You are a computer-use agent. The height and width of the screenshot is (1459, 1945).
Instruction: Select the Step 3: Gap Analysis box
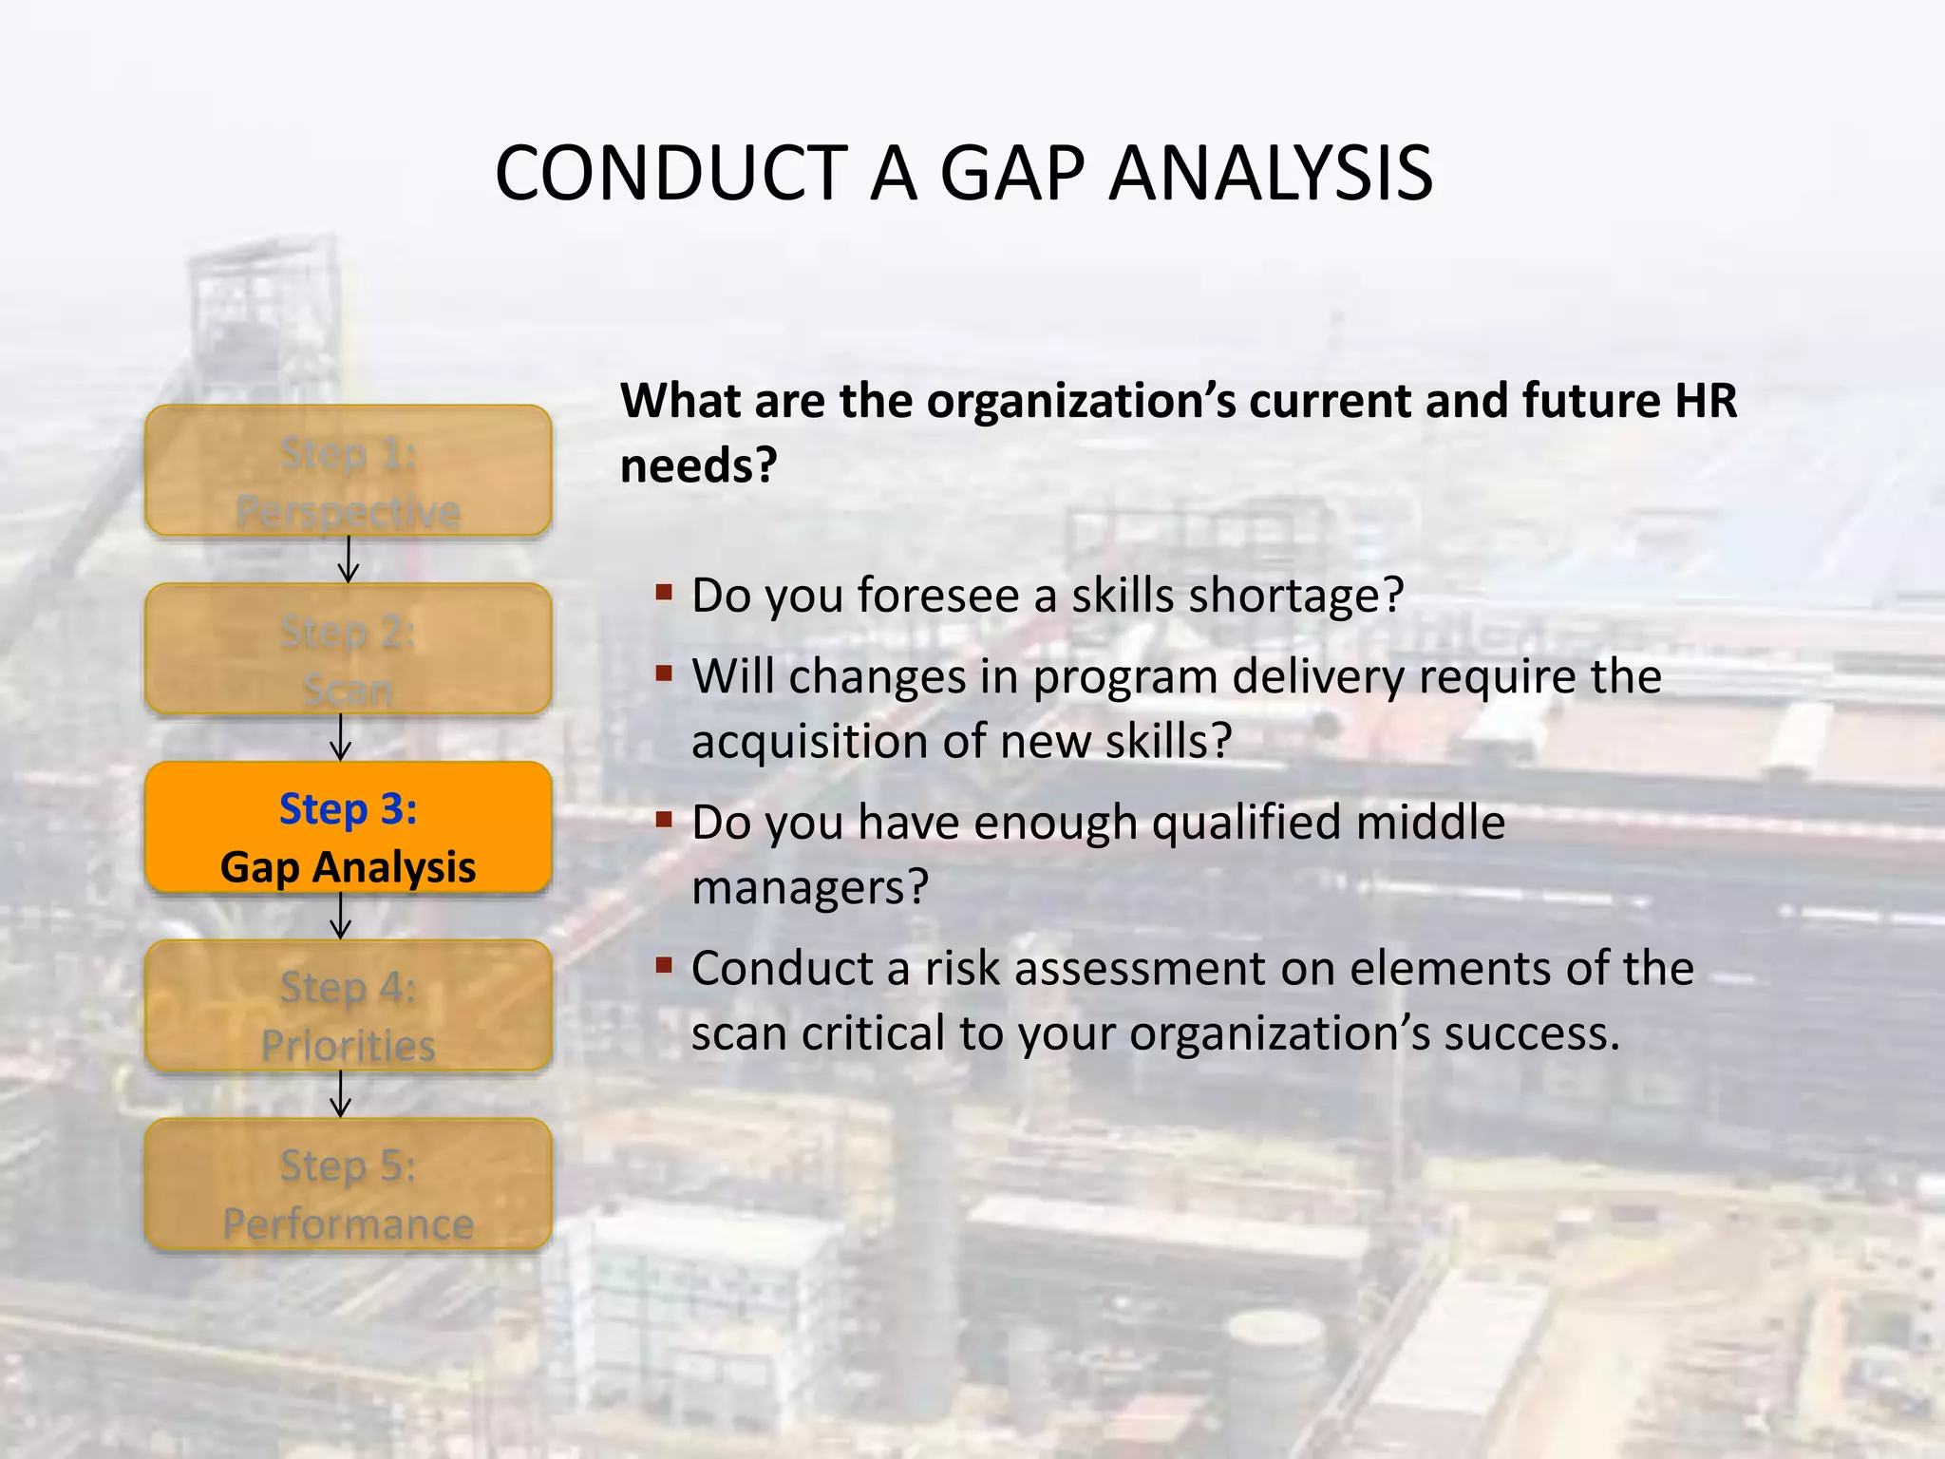pos(349,827)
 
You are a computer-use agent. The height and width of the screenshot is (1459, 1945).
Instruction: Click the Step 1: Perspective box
pos(349,471)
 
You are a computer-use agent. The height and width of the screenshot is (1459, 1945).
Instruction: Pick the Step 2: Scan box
pos(349,649)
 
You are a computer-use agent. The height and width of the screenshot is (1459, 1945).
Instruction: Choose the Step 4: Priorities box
pos(349,1006)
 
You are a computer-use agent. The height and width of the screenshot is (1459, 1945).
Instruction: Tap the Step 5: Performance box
pos(349,1184)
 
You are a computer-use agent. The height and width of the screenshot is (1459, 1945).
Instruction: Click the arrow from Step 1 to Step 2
pos(349,559)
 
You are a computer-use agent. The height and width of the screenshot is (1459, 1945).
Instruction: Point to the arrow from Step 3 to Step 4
pos(341,916)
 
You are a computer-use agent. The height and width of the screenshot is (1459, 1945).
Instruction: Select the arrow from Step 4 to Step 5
pos(341,1094)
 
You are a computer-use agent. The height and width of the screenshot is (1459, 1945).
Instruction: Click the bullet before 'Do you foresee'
pos(664,595)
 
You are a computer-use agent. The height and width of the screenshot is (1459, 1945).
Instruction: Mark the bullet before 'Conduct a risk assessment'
pos(664,967)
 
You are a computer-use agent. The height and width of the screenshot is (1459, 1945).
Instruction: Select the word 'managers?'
pos(809,888)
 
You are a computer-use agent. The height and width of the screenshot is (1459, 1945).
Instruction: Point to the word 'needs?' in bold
pos(699,465)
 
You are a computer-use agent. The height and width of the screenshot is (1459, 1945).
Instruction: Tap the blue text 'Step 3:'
pos(349,809)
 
